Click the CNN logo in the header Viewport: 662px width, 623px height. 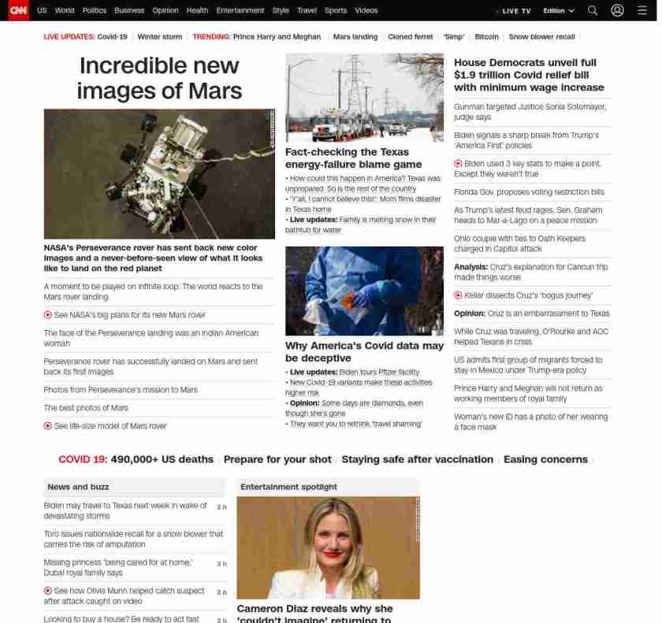click(17, 10)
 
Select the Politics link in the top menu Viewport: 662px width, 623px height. click(94, 11)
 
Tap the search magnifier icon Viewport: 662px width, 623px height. click(593, 11)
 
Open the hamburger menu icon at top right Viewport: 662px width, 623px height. click(642, 11)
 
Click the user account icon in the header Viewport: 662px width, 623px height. click(617, 11)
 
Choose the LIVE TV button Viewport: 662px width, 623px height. click(515, 11)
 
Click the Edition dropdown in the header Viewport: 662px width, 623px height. click(559, 11)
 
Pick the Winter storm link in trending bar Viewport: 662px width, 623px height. click(159, 37)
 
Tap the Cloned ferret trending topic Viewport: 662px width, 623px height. click(410, 37)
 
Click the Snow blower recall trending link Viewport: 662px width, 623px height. click(541, 37)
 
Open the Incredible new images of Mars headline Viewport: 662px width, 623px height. click(159, 78)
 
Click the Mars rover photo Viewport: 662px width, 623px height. click(159, 173)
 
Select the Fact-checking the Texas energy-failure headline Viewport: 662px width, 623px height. click(353, 158)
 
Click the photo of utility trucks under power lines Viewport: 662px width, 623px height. click(364, 98)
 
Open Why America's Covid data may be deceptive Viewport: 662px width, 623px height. click(364, 352)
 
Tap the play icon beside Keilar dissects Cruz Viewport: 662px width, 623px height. click(458, 295)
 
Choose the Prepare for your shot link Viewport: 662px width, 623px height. click(277, 460)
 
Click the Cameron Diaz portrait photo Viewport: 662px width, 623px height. click(328, 547)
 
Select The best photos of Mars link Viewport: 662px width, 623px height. click(86, 408)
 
